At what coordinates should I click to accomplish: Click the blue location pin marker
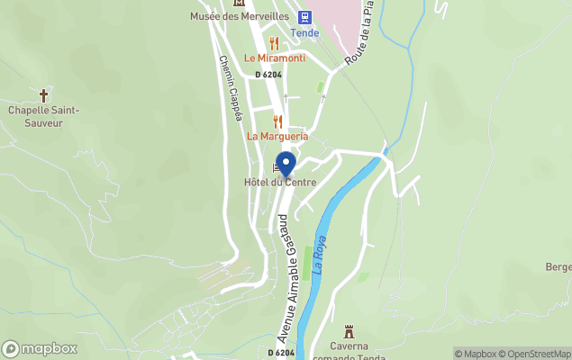coord(286,165)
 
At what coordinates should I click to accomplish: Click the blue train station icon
coord(304,16)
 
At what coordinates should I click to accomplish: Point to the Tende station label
coord(304,33)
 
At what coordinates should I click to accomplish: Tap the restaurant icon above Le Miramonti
coord(274,42)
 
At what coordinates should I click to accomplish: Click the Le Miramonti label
coord(275,58)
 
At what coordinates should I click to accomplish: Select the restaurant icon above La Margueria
coord(277,121)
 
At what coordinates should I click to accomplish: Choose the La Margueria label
coord(277,136)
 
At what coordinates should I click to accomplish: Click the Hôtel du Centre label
coord(280,182)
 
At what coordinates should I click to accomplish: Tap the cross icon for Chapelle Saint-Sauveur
coord(43,94)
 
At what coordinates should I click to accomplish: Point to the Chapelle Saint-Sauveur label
coord(44,116)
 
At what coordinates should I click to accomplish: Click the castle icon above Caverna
coord(350,331)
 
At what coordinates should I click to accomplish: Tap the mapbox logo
coord(40,349)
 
